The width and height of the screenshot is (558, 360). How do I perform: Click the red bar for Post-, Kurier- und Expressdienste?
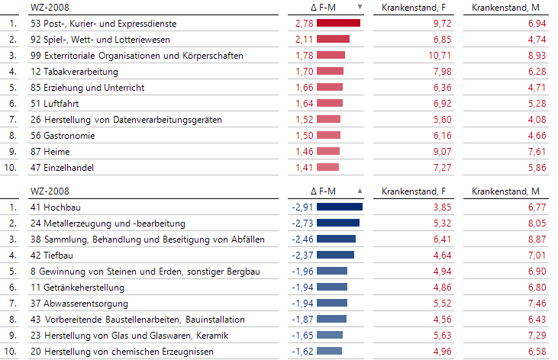pos(338,24)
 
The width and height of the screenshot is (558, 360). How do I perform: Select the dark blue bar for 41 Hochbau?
pos(340,207)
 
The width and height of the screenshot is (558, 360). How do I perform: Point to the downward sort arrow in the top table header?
pos(360,7)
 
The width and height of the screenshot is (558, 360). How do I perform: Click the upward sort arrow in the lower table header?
pos(360,190)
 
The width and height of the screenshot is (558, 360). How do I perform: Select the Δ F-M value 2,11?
pos(304,40)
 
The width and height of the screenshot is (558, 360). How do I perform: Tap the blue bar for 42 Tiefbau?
pos(335,255)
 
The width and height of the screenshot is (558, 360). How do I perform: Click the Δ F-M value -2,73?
pos(302,223)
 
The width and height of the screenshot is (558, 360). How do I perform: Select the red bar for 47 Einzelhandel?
pos(327,168)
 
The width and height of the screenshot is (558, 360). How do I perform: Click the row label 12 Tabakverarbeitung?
pos(74,72)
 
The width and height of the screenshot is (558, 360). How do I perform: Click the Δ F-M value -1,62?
pos(302,351)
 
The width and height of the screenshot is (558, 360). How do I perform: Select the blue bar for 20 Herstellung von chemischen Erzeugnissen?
pos(329,351)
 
